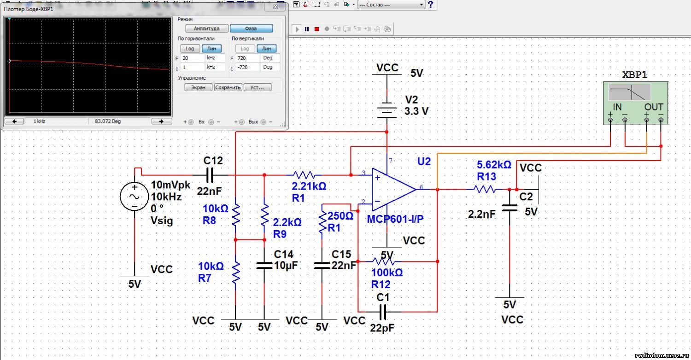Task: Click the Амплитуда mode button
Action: click(207, 29)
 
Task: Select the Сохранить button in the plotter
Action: click(228, 87)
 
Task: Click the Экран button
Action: click(198, 87)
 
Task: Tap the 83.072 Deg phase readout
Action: click(108, 121)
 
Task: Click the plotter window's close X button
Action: click(275, 7)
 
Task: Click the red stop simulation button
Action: click(316, 29)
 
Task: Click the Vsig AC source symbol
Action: click(135, 196)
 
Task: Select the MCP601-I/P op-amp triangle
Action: click(394, 190)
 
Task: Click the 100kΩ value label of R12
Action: click(387, 273)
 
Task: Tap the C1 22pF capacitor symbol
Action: click(382, 312)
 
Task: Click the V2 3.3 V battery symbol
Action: click(386, 110)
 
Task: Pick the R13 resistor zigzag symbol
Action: click(485, 189)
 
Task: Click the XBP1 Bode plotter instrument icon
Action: click(635, 103)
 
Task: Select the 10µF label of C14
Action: click(286, 265)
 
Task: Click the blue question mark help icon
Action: click(431, 4)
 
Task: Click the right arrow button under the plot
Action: click(161, 122)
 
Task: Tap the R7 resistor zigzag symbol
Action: click(236, 273)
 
